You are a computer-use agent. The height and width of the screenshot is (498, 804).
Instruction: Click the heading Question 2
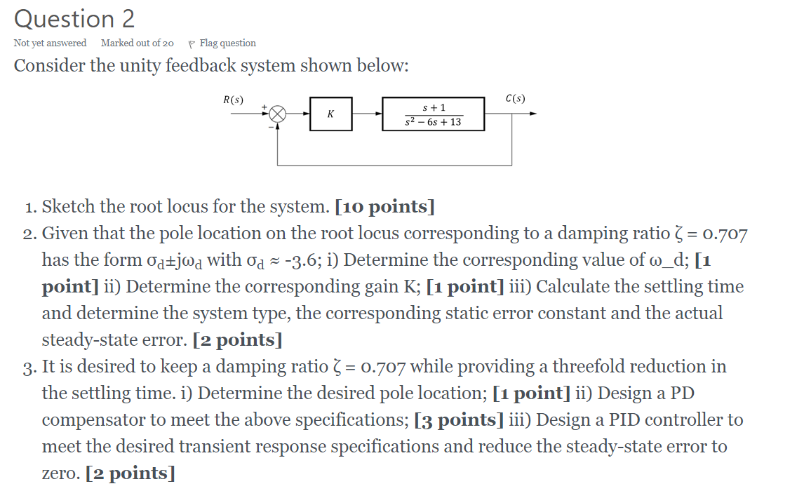tap(74, 19)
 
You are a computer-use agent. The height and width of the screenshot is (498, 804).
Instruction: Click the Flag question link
tap(227, 43)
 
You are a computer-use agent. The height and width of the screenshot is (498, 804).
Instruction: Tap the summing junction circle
tap(279, 114)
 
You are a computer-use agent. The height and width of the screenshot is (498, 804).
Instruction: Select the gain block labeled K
tap(330, 114)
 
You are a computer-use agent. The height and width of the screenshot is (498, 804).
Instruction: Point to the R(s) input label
tap(233, 100)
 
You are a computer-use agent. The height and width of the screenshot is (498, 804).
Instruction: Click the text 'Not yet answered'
tap(50, 43)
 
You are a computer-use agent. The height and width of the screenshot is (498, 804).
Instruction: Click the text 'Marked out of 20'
tap(138, 43)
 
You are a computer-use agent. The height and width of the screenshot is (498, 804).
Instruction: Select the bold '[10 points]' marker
tap(384, 207)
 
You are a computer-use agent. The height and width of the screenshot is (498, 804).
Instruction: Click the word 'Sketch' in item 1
tap(69, 207)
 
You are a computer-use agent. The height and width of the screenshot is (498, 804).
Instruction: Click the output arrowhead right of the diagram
tap(533, 114)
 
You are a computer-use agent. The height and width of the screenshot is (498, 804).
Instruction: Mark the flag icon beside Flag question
tap(192, 43)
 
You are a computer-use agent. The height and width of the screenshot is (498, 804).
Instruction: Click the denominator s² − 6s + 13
tap(433, 122)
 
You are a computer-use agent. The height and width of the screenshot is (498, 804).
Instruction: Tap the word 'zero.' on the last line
tap(61, 473)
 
